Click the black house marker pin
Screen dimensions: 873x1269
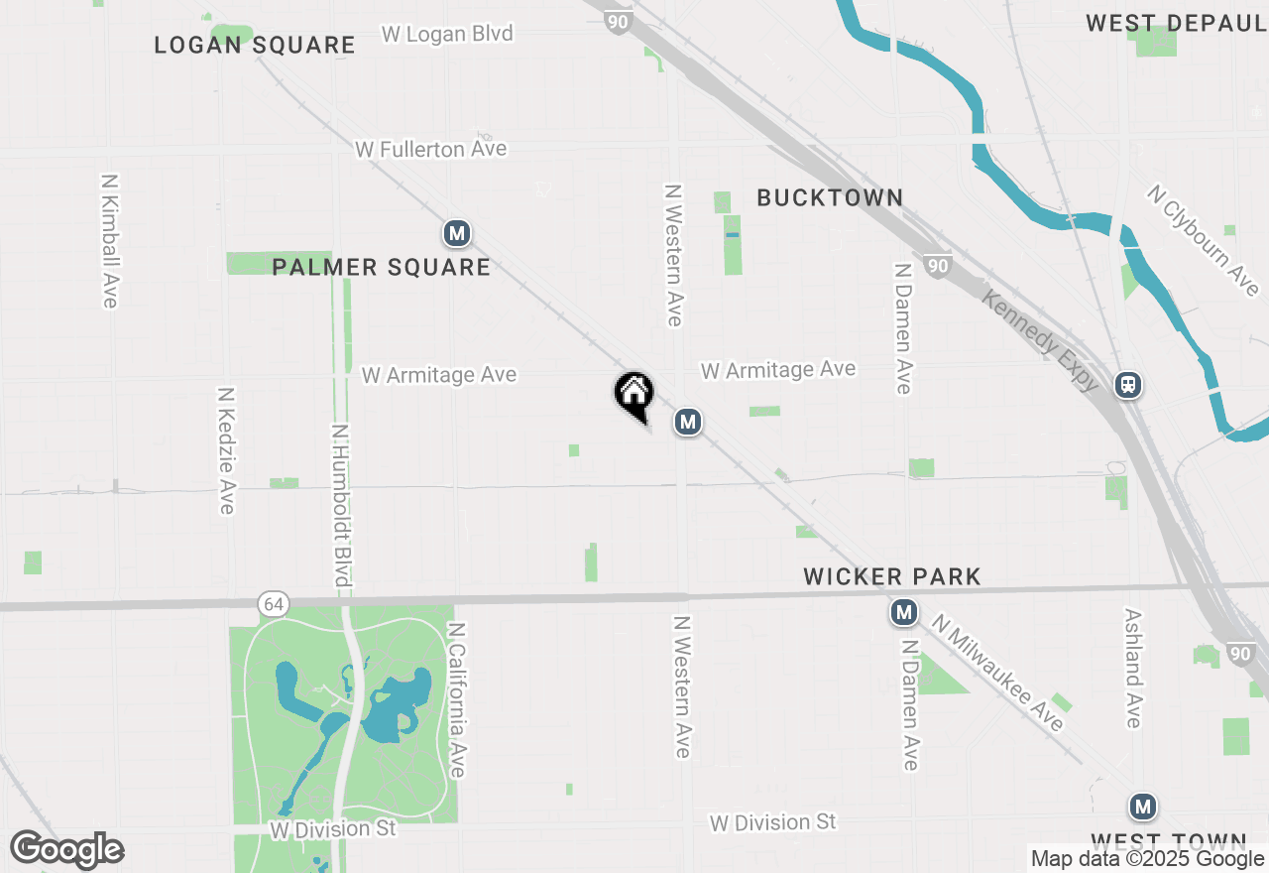(x=634, y=394)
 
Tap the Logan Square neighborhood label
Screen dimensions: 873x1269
(x=255, y=45)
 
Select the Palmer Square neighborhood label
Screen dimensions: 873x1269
(x=381, y=267)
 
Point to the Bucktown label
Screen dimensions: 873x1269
(x=830, y=197)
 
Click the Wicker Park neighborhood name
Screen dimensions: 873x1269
(x=892, y=576)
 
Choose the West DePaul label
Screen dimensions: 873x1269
(x=1176, y=23)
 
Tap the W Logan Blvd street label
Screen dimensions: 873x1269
(x=447, y=34)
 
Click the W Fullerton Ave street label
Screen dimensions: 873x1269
(x=431, y=149)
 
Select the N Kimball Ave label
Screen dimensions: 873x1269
(x=110, y=241)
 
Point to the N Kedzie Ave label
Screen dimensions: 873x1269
(x=226, y=450)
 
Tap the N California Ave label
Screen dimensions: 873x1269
(x=457, y=700)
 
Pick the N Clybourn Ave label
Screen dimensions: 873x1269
(x=1203, y=240)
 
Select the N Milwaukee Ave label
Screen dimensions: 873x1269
(x=997, y=673)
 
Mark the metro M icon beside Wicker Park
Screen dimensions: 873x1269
(x=903, y=613)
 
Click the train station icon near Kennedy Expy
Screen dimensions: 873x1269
(x=1127, y=385)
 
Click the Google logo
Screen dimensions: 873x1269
(x=66, y=849)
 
